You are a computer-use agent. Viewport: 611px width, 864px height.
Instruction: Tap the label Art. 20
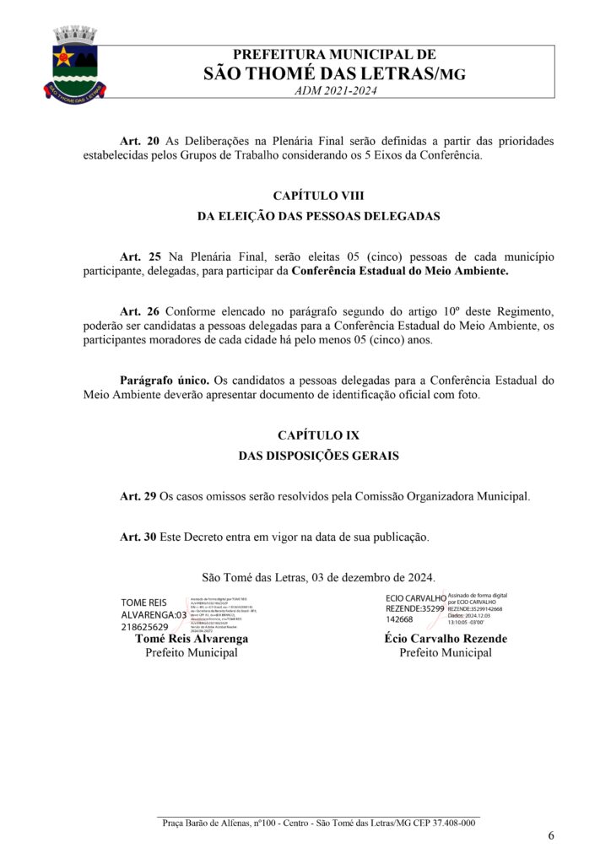tap(140, 141)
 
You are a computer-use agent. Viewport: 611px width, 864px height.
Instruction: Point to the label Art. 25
tap(140, 256)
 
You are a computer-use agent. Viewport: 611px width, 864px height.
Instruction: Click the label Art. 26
tap(140, 311)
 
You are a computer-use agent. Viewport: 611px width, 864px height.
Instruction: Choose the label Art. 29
tap(138, 496)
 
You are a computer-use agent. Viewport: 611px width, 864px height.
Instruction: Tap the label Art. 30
tap(138, 537)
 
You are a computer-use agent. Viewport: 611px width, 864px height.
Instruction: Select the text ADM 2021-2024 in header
tap(334, 90)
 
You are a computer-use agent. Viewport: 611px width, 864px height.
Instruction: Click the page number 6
tap(551, 836)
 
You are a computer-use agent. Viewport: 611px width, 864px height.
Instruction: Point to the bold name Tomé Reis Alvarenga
tap(192, 639)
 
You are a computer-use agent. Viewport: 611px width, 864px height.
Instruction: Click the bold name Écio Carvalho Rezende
tap(446, 639)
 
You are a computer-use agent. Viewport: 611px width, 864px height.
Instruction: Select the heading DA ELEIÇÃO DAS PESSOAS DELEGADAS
tap(318, 216)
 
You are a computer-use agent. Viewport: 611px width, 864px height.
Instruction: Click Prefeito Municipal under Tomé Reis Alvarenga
tap(192, 652)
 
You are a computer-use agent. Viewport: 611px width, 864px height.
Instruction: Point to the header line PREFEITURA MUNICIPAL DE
tap(334, 56)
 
